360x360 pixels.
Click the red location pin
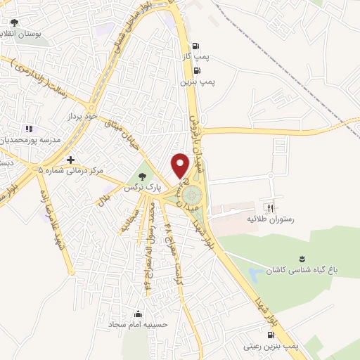181,165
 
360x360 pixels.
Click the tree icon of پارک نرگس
144,176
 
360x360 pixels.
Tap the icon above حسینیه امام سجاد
139,314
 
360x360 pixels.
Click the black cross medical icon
70,160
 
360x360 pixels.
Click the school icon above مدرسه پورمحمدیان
29,129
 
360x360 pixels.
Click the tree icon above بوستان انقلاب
14,22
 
